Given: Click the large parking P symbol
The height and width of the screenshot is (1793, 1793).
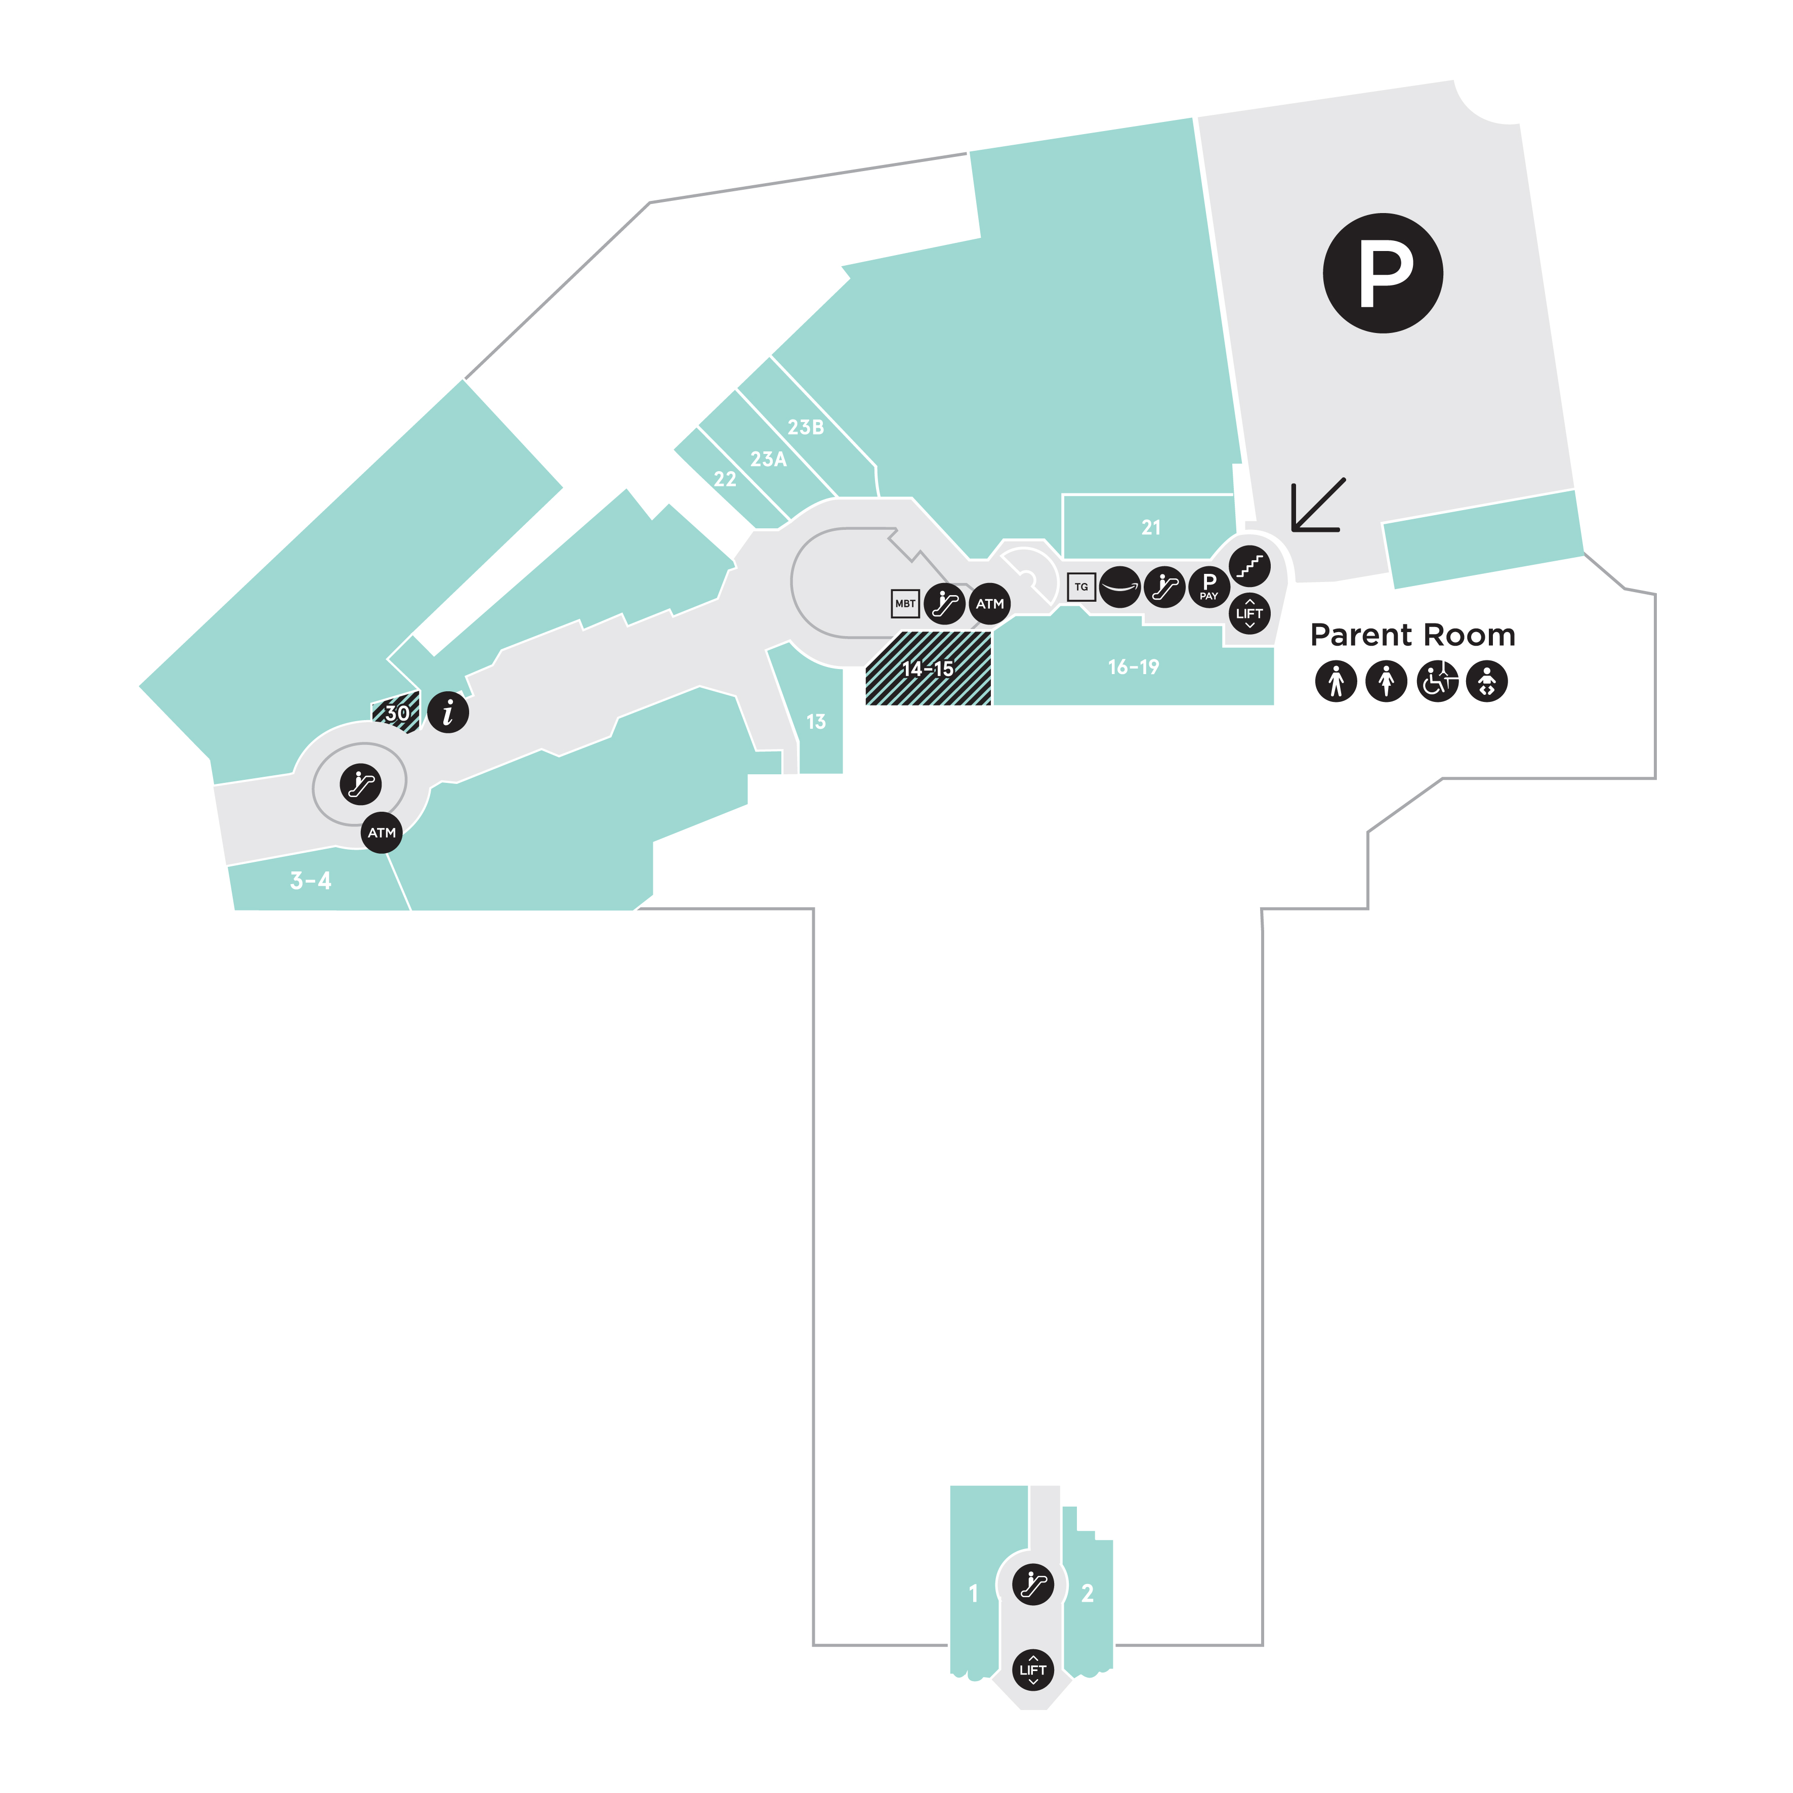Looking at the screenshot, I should pyautogui.click(x=1382, y=273).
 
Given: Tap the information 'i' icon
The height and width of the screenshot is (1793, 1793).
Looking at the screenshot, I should pyautogui.click(x=448, y=713).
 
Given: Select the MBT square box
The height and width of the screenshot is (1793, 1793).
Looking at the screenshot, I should pyautogui.click(x=905, y=603).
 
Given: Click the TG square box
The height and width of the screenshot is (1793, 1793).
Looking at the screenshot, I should pyautogui.click(x=1081, y=587).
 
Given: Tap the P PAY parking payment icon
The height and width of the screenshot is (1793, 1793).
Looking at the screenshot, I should pyautogui.click(x=1208, y=587).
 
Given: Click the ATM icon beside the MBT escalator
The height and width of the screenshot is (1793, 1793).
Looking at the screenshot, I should pyautogui.click(x=989, y=604).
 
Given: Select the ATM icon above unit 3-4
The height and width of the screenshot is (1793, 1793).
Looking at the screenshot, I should pyautogui.click(x=382, y=832).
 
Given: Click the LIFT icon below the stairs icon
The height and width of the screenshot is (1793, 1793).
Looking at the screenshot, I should pyautogui.click(x=1249, y=612).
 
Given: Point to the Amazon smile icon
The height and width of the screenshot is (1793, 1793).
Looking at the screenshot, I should pyautogui.click(x=1120, y=587).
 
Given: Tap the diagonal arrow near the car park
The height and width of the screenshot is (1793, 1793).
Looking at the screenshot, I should pyautogui.click(x=1318, y=506).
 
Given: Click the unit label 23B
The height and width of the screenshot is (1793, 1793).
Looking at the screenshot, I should pyautogui.click(x=806, y=428).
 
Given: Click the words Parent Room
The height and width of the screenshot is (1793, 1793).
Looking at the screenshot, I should pyautogui.click(x=1412, y=636).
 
